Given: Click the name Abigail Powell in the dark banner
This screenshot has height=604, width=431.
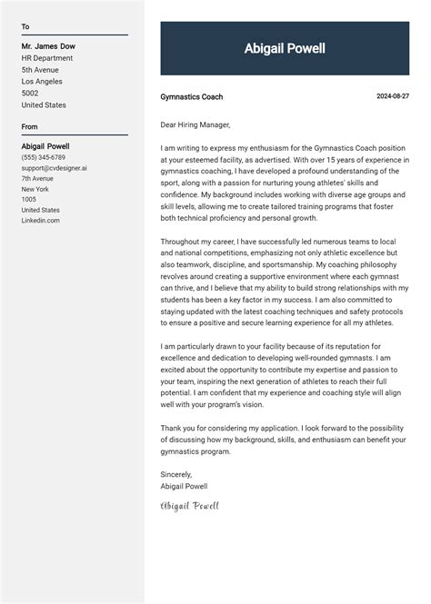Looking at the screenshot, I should point(285,49).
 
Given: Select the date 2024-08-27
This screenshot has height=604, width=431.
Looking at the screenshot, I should point(393,96).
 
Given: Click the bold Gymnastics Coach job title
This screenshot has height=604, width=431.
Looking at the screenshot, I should point(191,97).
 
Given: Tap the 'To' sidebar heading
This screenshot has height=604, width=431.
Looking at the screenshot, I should point(25,27).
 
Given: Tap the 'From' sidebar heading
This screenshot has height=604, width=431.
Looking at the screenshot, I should point(30,127).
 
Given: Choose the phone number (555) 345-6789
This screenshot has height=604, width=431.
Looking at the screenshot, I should point(44,157).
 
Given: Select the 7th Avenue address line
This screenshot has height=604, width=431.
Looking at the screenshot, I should point(37,178).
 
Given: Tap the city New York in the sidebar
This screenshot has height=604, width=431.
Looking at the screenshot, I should point(35,189).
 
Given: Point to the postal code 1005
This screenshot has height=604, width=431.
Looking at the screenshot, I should point(29,199).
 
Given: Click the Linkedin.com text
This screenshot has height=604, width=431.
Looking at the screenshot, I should point(41,220).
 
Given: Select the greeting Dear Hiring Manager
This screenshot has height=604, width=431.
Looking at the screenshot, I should point(195,124).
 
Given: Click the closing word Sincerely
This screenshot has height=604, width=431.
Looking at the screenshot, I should point(176,474).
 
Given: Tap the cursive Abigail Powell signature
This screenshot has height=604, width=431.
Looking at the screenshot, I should point(190,506).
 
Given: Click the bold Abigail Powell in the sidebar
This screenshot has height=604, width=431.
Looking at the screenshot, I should point(45,146).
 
